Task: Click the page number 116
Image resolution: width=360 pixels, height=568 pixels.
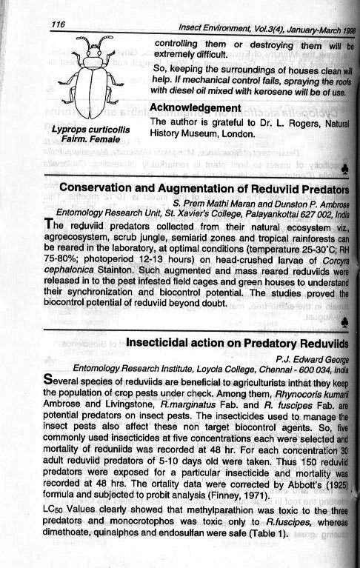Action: [x=59, y=24]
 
